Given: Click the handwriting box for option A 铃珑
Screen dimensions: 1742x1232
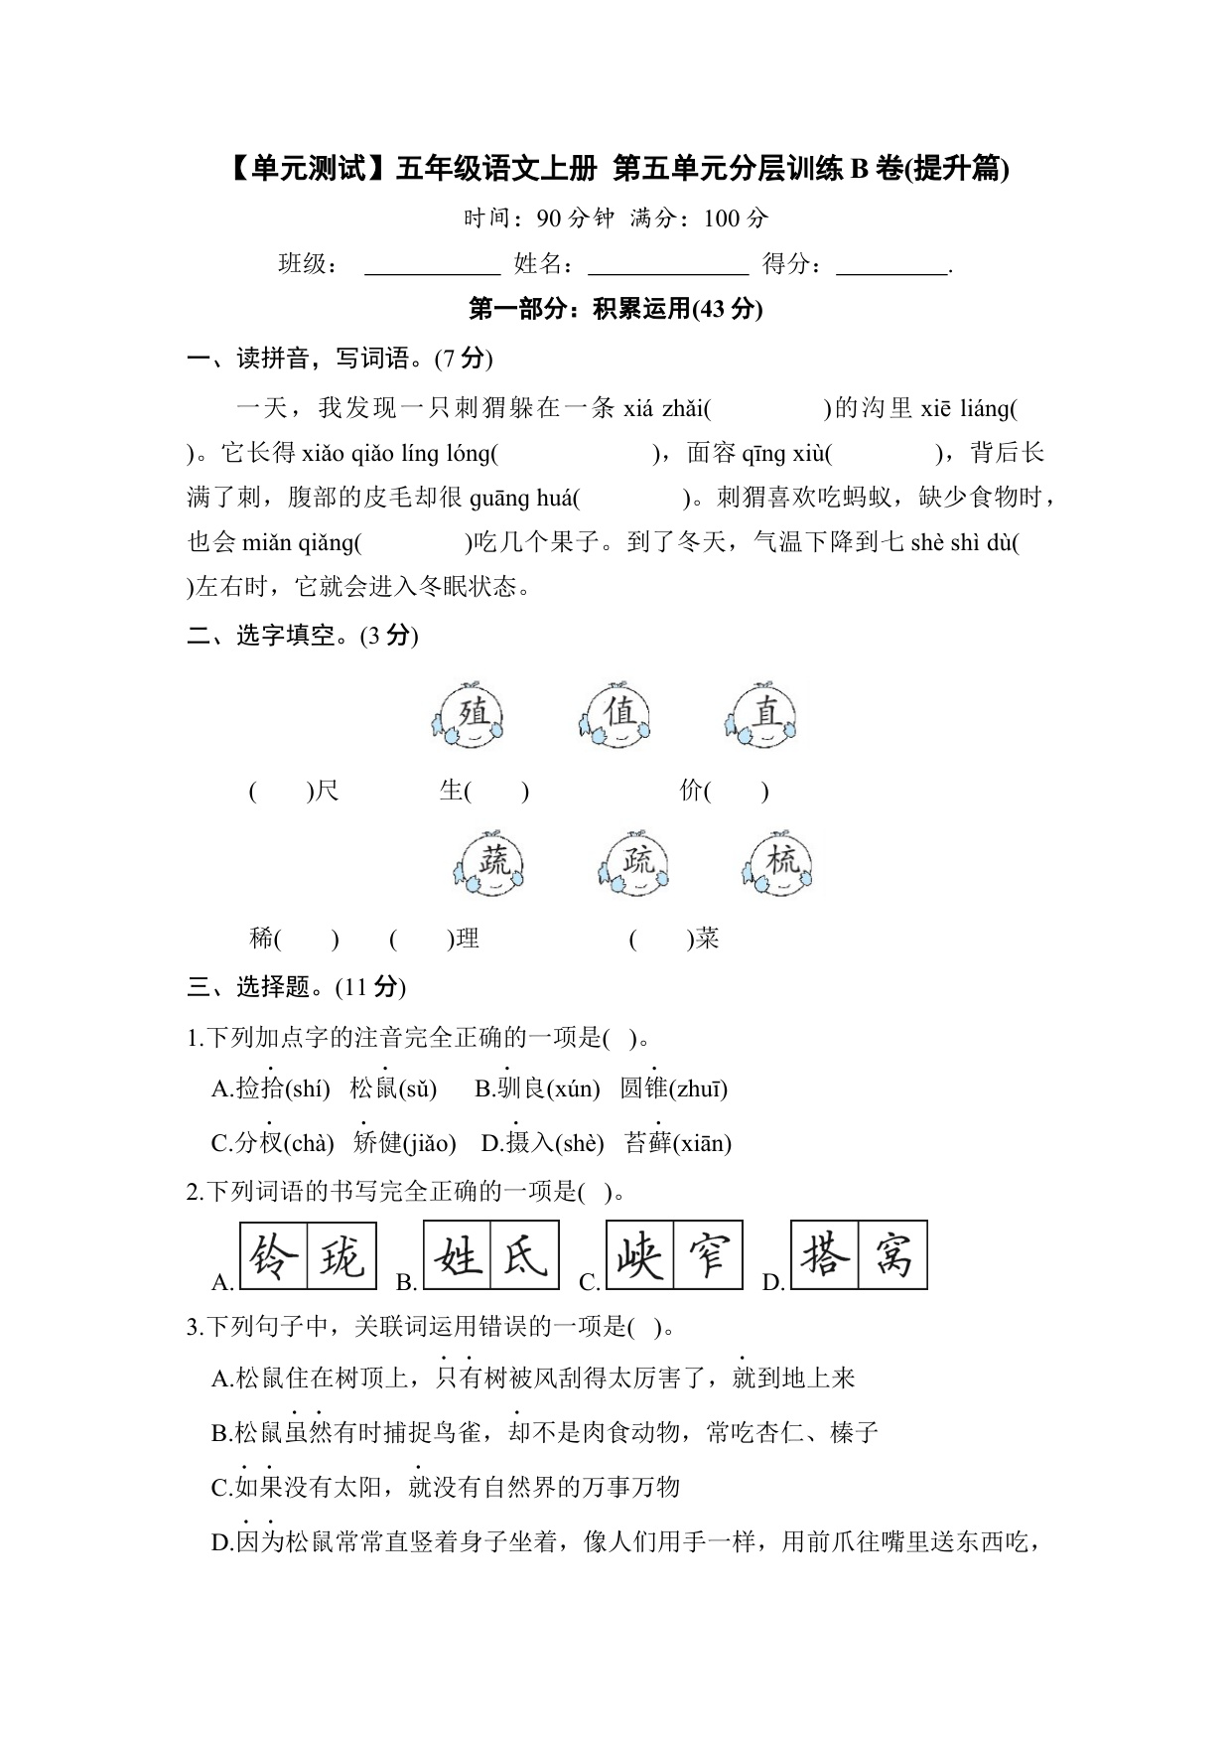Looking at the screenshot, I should [x=308, y=1255].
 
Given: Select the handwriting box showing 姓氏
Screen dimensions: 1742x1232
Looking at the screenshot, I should [x=491, y=1255].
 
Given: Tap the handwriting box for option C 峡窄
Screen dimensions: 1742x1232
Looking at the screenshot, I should [x=674, y=1255].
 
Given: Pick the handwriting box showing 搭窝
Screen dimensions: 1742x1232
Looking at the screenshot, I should [x=859, y=1255].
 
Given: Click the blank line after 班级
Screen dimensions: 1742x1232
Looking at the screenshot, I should [x=433, y=267].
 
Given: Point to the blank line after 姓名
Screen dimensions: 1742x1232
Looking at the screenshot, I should [x=668, y=267].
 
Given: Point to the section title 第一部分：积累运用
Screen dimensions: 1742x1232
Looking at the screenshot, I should [x=616, y=310].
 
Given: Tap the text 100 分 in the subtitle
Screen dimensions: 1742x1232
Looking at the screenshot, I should [x=736, y=218].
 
